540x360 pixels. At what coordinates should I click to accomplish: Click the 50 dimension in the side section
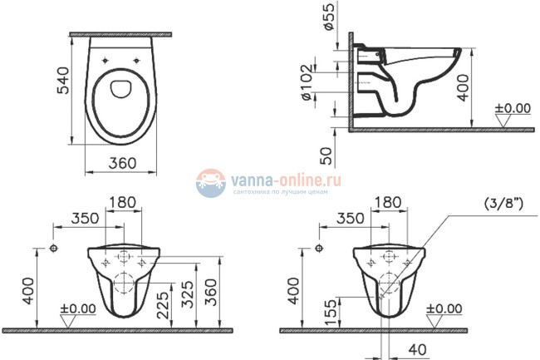point(326,155)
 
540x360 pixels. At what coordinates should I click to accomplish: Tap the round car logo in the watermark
point(210,182)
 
